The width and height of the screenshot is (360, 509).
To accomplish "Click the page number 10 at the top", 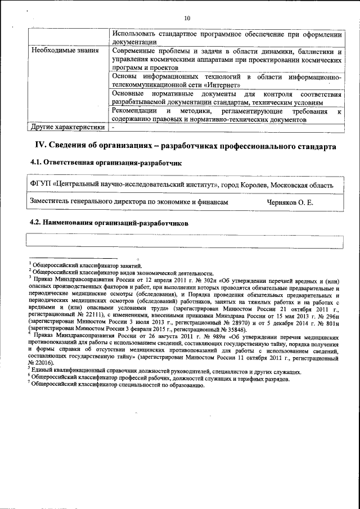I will point(187,18).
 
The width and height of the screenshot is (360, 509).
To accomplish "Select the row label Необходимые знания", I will point(62,51).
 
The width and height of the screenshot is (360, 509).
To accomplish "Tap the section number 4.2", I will point(36,223).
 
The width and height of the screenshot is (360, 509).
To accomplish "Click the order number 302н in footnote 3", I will point(181,279).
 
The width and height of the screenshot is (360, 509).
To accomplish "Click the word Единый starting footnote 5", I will point(44,372).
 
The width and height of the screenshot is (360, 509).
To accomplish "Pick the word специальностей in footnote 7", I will point(141,385).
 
